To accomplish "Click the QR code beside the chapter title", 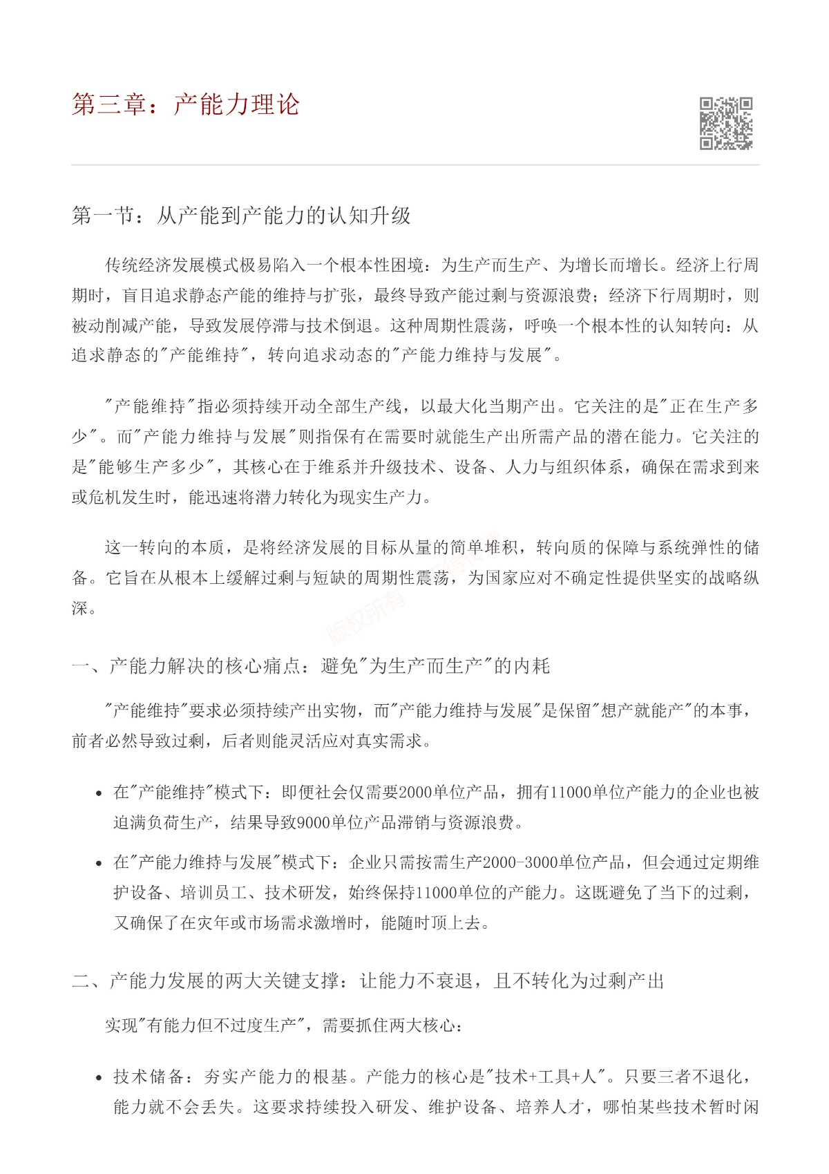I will [x=725, y=124].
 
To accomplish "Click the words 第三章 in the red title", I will [x=109, y=104].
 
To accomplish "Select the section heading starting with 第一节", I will [x=241, y=216].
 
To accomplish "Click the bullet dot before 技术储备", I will [x=99, y=1078].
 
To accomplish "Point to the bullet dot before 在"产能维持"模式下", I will [x=99, y=793].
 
